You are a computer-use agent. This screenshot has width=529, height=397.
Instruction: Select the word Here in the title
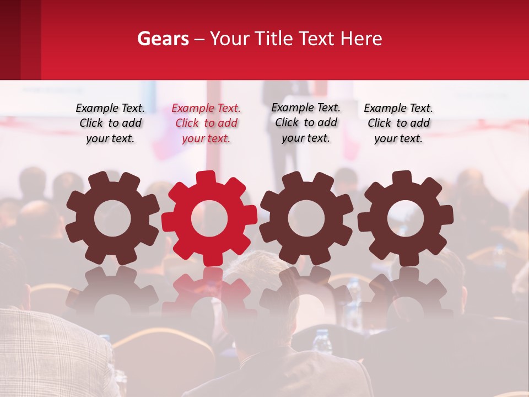coord(361,39)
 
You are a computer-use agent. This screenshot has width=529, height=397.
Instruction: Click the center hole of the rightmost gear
coord(405,218)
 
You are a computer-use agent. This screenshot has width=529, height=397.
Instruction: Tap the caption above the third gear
coord(306,122)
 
